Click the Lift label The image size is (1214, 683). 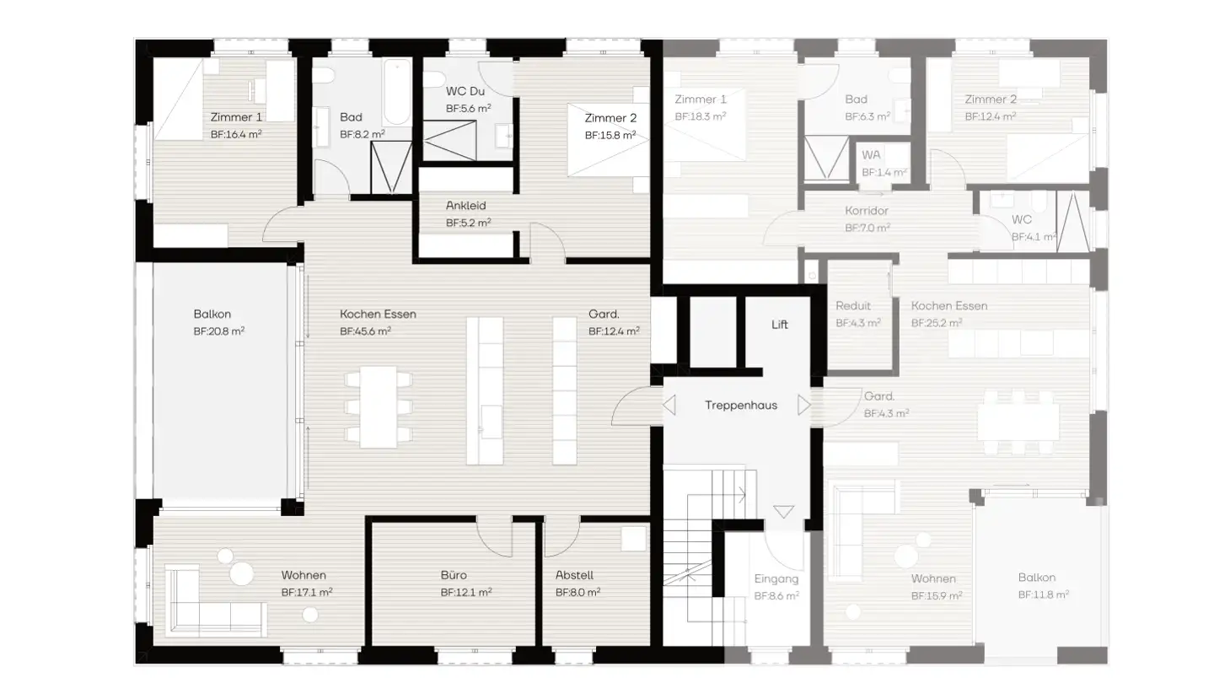point(779,325)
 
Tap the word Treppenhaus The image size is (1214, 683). point(740,406)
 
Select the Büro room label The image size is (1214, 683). point(454,576)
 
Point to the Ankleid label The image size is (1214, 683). point(465,206)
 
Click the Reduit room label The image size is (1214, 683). point(852,306)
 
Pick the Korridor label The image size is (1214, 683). point(867,212)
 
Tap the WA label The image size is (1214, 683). point(871,156)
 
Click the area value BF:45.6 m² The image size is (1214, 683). point(365,331)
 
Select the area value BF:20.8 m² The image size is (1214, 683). point(218,331)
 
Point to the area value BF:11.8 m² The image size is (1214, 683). point(1043,594)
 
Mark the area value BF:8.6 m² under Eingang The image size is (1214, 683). point(776,595)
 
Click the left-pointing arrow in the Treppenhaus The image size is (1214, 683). point(669,406)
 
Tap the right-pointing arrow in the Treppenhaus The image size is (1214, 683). point(803,406)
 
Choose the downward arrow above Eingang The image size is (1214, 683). point(783,512)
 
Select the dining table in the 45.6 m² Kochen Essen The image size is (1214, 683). point(379,406)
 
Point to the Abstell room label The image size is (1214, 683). point(574,576)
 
